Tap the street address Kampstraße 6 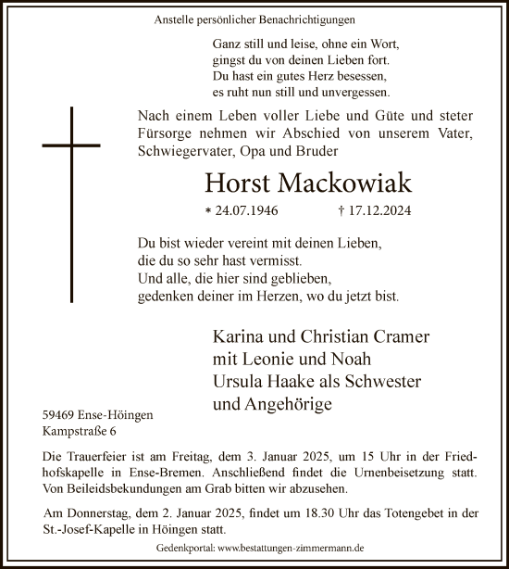coord(78,432)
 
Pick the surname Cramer coord(400,335)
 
